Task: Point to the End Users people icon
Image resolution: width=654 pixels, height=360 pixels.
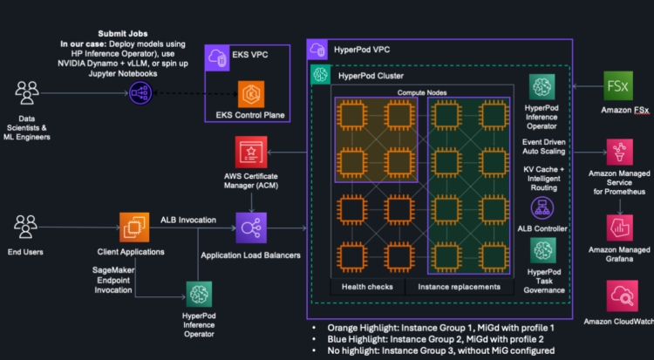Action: tap(29, 228)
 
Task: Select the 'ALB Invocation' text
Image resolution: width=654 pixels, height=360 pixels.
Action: tap(188, 220)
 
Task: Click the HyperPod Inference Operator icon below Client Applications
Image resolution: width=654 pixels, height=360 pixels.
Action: tap(198, 296)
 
